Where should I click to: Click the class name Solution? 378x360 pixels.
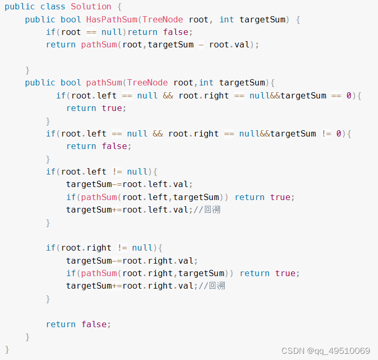click(x=91, y=7)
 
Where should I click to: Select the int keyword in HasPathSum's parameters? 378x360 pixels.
click(x=227, y=19)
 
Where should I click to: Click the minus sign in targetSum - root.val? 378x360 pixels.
click(x=201, y=45)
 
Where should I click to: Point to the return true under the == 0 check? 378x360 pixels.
click(x=96, y=108)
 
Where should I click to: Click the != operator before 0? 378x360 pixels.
click(x=326, y=133)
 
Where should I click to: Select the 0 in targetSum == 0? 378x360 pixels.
click(x=349, y=95)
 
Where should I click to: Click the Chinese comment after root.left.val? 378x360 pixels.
click(x=215, y=209)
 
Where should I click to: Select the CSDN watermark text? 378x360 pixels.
click(x=325, y=351)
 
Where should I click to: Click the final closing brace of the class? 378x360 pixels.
click(x=7, y=349)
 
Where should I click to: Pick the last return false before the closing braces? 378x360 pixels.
click(x=78, y=324)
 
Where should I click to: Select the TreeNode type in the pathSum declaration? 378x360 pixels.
click(x=148, y=83)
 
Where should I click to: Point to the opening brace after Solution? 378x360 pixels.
click(x=119, y=7)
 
